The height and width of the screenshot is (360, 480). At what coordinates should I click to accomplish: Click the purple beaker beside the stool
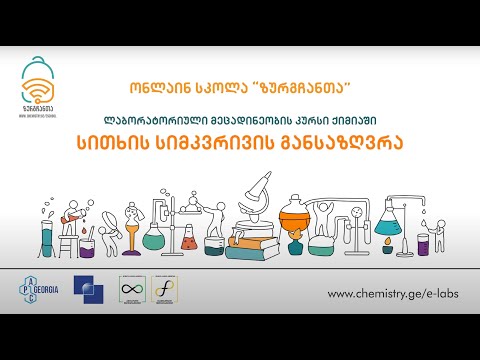(87, 246)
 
